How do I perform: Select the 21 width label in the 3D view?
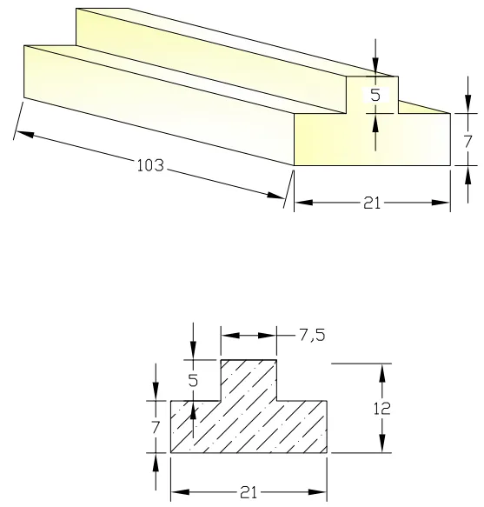371,203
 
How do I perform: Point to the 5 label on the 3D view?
375,97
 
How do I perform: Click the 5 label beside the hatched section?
193,380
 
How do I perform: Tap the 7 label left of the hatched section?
156,426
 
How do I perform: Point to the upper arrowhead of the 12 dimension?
381,370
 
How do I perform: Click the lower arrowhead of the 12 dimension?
381,447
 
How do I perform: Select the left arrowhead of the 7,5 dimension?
228,336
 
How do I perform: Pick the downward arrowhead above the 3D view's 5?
375,70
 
